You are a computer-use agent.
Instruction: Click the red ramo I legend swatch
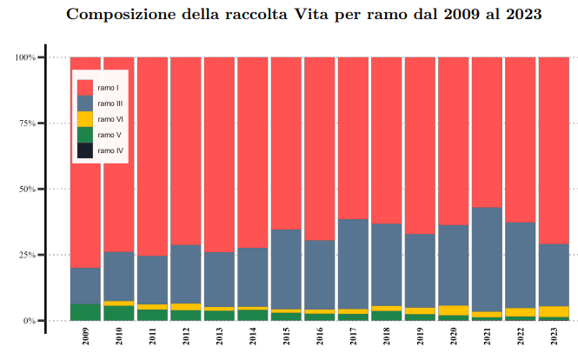pos(84,87)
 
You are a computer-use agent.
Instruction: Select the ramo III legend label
pos(110,103)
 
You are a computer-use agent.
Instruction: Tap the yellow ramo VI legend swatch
pos(84,119)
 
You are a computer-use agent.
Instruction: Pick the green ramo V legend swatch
pos(84,135)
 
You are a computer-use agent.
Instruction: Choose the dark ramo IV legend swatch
pos(84,150)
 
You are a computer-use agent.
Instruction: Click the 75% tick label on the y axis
pos(27,123)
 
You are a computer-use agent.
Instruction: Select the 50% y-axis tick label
pos(27,189)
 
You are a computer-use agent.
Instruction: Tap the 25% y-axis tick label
pos(27,255)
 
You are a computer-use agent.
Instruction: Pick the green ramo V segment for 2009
pos(86,312)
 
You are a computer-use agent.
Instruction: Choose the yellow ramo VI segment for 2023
pos(554,311)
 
